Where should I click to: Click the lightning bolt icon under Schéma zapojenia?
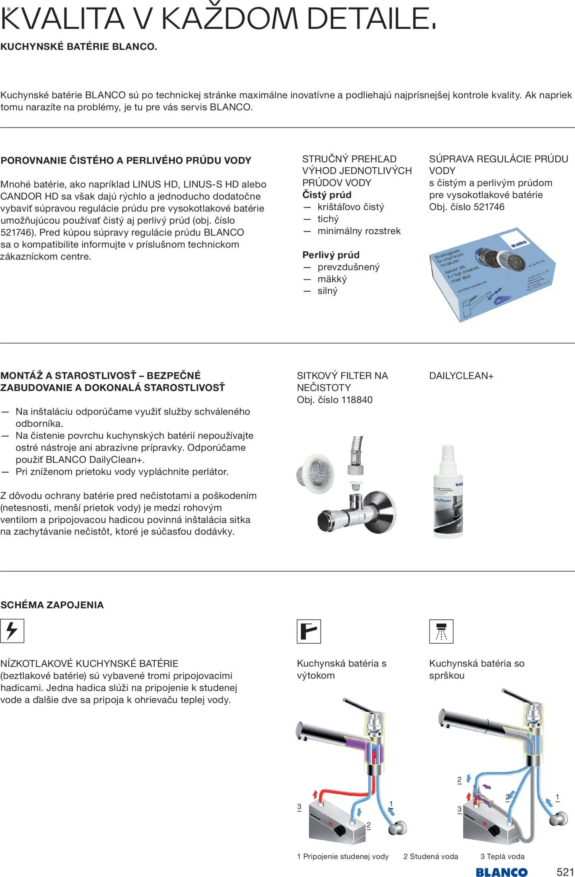point(12,631)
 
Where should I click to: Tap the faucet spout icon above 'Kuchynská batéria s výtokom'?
point(309,631)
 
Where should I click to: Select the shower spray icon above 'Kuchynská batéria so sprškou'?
point(441,631)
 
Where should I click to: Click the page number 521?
point(565,871)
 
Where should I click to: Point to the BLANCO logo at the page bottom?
point(501,872)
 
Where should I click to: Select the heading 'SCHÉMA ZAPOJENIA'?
point(52,605)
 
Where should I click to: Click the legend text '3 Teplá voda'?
point(502,856)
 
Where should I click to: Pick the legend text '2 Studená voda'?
point(431,856)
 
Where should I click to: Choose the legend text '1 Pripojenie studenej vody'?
point(343,856)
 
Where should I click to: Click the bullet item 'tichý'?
point(328,219)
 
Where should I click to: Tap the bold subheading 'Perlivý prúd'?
point(331,255)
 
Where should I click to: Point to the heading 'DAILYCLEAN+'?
point(461,375)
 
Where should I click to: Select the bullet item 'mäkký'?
point(332,279)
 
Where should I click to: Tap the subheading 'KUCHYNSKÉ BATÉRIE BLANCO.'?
point(79,47)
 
